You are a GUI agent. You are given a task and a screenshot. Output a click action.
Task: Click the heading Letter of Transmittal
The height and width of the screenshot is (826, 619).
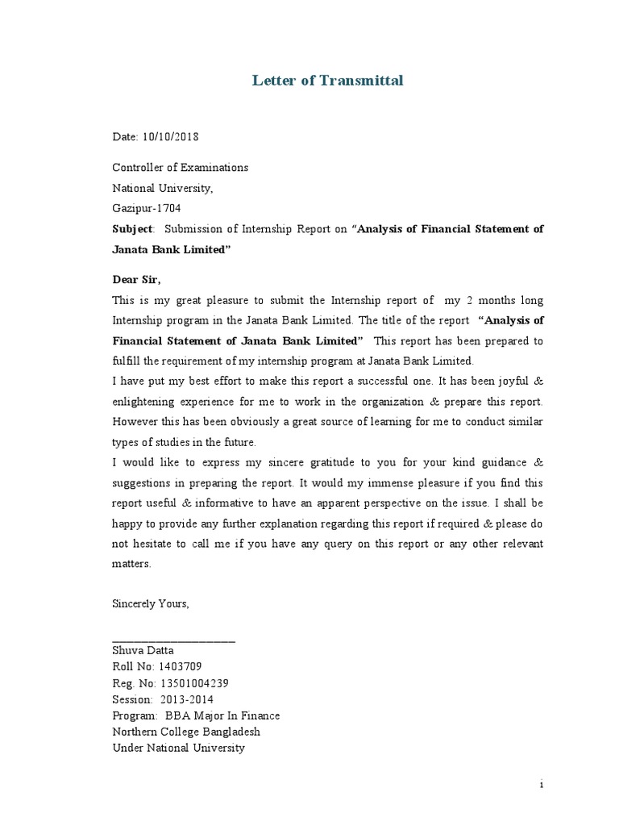(x=327, y=80)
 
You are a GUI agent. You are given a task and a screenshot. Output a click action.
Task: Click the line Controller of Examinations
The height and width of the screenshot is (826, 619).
(x=180, y=168)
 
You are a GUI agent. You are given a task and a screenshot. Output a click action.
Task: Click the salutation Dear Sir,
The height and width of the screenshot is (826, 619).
(x=136, y=280)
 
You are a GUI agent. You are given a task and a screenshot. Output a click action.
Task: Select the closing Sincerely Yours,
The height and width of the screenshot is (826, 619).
(x=150, y=603)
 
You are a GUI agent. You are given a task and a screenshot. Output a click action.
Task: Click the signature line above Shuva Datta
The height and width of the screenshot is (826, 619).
(x=173, y=640)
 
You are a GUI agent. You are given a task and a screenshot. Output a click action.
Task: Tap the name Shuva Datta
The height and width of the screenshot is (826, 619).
(x=143, y=650)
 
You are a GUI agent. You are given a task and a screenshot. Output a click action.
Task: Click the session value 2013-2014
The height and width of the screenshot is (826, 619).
(x=186, y=699)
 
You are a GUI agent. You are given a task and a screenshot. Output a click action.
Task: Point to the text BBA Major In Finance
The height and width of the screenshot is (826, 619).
(x=222, y=715)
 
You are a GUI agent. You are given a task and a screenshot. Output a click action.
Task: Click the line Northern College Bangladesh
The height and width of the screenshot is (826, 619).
(x=186, y=732)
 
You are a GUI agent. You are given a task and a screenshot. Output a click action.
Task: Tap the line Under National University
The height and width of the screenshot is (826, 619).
(x=178, y=748)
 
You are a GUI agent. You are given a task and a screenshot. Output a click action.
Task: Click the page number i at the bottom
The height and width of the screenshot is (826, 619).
(x=542, y=783)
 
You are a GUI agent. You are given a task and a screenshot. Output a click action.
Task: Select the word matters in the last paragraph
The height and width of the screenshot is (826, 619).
(x=131, y=565)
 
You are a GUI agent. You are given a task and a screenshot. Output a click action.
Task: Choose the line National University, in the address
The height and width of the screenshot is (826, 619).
(x=162, y=188)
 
